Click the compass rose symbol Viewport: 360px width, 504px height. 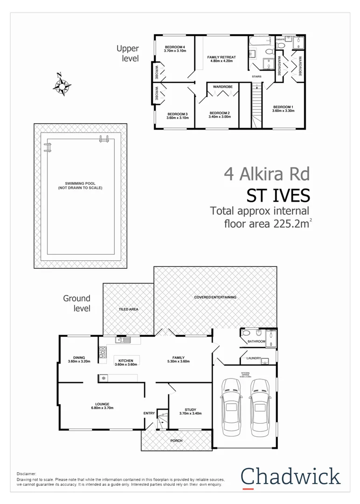[62, 85]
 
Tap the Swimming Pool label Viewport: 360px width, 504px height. [80, 186]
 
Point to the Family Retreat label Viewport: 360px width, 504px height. [222, 57]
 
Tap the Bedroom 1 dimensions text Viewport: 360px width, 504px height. [283, 111]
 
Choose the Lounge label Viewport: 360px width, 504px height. [102, 404]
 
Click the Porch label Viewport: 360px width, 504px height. [176, 441]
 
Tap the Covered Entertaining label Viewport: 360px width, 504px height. [215, 297]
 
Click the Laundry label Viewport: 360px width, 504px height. [247, 358]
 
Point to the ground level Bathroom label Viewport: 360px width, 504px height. [256, 342]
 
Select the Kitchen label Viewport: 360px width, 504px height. [126, 361]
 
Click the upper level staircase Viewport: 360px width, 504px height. [255, 104]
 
